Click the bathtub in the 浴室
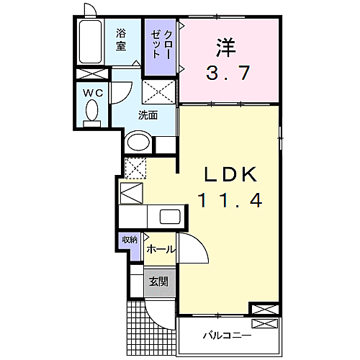[x=91, y=42]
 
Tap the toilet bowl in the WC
[x=91, y=111]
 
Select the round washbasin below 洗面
[x=138, y=143]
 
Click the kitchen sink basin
[x=170, y=217]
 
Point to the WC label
[x=93, y=93]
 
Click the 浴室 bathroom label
[x=121, y=40]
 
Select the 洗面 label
[x=148, y=115]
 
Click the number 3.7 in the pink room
[x=228, y=73]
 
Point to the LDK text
[x=230, y=174]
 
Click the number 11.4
[x=230, y=201]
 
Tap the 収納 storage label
[x=130, y=240]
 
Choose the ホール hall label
[x=160, y=250]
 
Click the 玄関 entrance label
[x=159, y=282]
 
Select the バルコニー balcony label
[x=227, y=335]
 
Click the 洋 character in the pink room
[x=226, y=48]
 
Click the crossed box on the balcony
[x=264, y=324]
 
